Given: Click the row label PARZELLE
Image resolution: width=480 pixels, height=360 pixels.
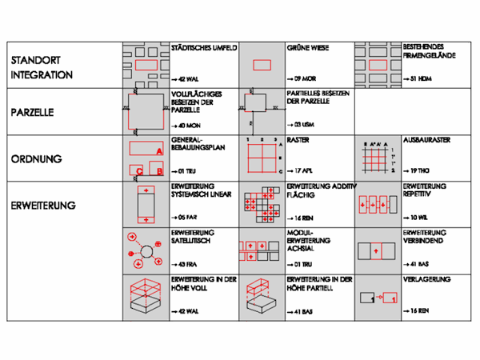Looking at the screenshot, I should tap(33, 113).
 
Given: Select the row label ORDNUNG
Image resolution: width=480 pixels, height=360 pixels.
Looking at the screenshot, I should tap(32, 158).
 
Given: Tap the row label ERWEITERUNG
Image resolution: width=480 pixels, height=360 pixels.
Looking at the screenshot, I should tap(43, 205).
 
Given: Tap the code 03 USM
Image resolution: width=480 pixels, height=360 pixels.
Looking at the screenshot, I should tap(301, 126).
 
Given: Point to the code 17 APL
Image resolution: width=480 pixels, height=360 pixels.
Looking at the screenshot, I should tap(300, 171).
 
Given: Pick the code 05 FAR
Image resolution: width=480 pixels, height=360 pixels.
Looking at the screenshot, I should tap(186, 217).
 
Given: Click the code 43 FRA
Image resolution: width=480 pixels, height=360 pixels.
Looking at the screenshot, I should tap(186, 263).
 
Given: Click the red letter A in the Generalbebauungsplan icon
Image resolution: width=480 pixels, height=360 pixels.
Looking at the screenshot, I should tap(159, 150).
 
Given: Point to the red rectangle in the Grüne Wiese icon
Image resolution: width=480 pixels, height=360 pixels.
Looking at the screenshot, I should tap(261, 65).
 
